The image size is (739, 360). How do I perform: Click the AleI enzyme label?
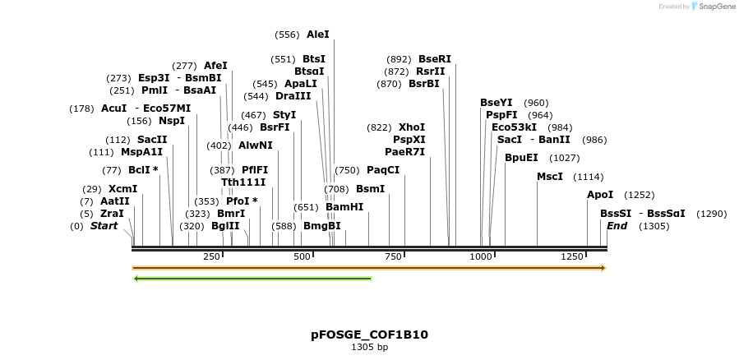click(x=317, y=35)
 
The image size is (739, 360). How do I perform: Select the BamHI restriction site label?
click(x=344, y=207)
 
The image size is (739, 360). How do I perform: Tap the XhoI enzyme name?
click(x=412, y=127)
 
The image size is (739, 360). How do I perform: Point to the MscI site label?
click(x=550, y=177)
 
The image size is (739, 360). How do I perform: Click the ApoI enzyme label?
click(x=600, y=195)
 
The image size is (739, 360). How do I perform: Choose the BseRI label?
click(x=435, y=59)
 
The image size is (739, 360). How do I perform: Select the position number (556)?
click(x=287, y=35)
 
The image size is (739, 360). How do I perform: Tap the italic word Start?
click(x=104, y=226)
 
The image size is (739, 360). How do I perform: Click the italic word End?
click(x=617, y=226)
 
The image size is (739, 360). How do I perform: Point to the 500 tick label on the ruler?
click(x=302, y=257)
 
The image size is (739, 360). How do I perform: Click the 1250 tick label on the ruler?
click(x=572, y=257)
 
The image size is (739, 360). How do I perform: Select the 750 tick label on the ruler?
click(x=392, y=257)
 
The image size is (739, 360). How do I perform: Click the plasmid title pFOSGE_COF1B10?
click(x=369, y=335)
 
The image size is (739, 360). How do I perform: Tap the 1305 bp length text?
click(x=369, y=348)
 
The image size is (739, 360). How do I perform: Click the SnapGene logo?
click(x=713, y=7)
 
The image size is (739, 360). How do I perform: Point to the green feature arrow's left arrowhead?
click(x=136, y=279)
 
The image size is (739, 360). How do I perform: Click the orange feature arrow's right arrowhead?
click(x=603, y=268)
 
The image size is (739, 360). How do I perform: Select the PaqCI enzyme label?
click(x=383, y=170)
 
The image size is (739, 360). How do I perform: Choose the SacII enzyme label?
click(x=152, y=140)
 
